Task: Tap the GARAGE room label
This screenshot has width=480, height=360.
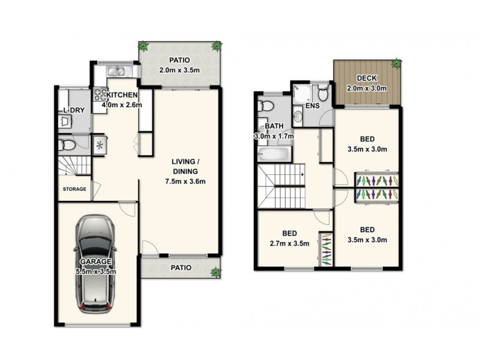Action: click(x=96, y=262)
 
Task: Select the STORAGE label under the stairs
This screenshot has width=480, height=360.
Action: click(x=75, y=189)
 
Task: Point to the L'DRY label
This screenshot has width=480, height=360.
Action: click(x=73, y=111)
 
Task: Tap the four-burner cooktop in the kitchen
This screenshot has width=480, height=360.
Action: click(x=100, y=95)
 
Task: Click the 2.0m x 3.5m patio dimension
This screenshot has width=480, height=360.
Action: click(x=179, y=70)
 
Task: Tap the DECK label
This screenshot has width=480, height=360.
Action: click(x=366, y=78)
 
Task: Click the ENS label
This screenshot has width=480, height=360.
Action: click(x=312, y=106)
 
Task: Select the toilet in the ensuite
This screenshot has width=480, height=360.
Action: click(x=323, y=94)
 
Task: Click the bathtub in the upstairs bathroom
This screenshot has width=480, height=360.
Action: click(x=274, y=155)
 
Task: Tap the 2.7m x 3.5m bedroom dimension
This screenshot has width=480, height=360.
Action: click(x=287, y=244)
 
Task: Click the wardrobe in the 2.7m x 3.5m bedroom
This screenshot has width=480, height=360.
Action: click(x=325, y=248)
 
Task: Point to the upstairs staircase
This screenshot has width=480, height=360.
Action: click(x=281, y=187)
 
